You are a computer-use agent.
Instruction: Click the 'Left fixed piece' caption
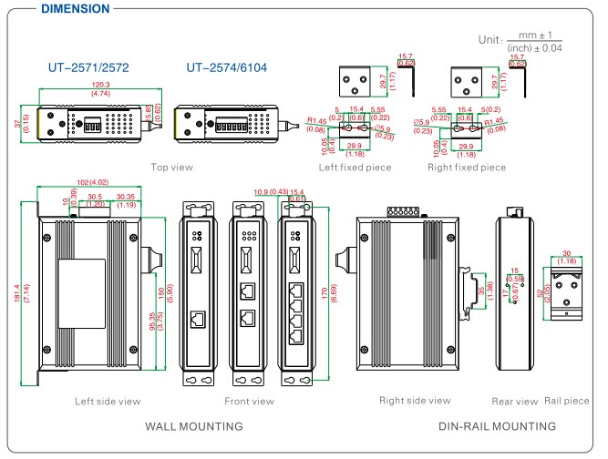pos(354,167)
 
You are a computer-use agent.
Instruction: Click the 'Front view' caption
pos(249,401)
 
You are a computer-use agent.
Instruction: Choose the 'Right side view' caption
pos(415,401)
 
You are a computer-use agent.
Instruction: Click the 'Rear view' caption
pos(514,401)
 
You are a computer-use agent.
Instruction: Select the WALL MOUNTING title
pos(193,425)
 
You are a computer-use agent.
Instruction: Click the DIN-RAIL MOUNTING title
pos(497,425)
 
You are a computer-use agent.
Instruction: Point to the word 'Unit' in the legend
pos(491,41)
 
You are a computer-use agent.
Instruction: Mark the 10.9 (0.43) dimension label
pos(263,190)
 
